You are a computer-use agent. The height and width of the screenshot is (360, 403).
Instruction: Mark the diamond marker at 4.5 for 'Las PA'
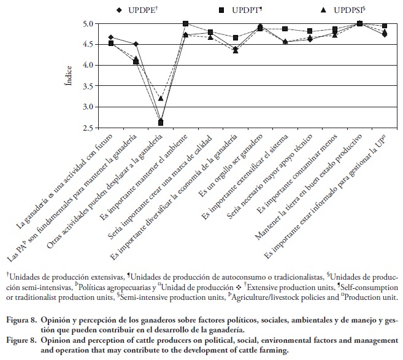136,44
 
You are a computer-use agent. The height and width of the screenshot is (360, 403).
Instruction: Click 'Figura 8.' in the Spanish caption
21,320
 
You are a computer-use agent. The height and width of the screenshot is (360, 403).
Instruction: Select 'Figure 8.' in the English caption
21,339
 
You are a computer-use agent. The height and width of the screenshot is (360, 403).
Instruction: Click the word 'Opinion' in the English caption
64,339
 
